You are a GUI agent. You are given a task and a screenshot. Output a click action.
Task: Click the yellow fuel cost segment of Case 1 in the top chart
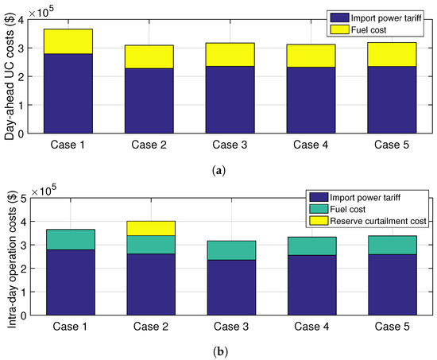click(x=70, y=41)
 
